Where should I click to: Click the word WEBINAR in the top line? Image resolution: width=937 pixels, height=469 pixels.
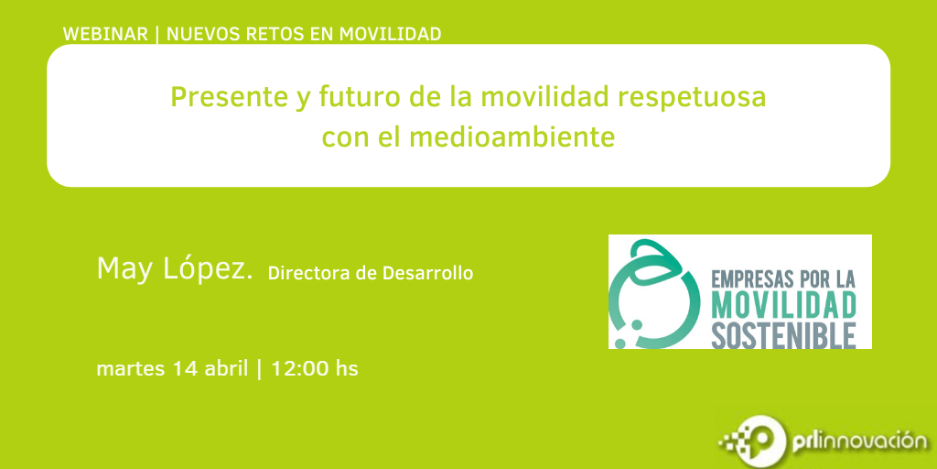pos(105,34)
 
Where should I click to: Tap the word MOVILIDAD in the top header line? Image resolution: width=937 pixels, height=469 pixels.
pos(390,34)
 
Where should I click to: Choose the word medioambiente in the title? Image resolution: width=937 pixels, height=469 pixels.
pos(512,137)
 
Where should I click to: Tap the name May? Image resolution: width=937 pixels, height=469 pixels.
pos(126,269)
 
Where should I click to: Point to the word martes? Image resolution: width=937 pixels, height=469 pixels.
pos(130,368)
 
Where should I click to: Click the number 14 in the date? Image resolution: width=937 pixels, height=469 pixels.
pos(184,368)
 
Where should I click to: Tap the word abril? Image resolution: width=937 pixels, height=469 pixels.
pos(226,368)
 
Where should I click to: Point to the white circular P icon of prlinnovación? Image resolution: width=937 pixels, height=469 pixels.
pos(760,442)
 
